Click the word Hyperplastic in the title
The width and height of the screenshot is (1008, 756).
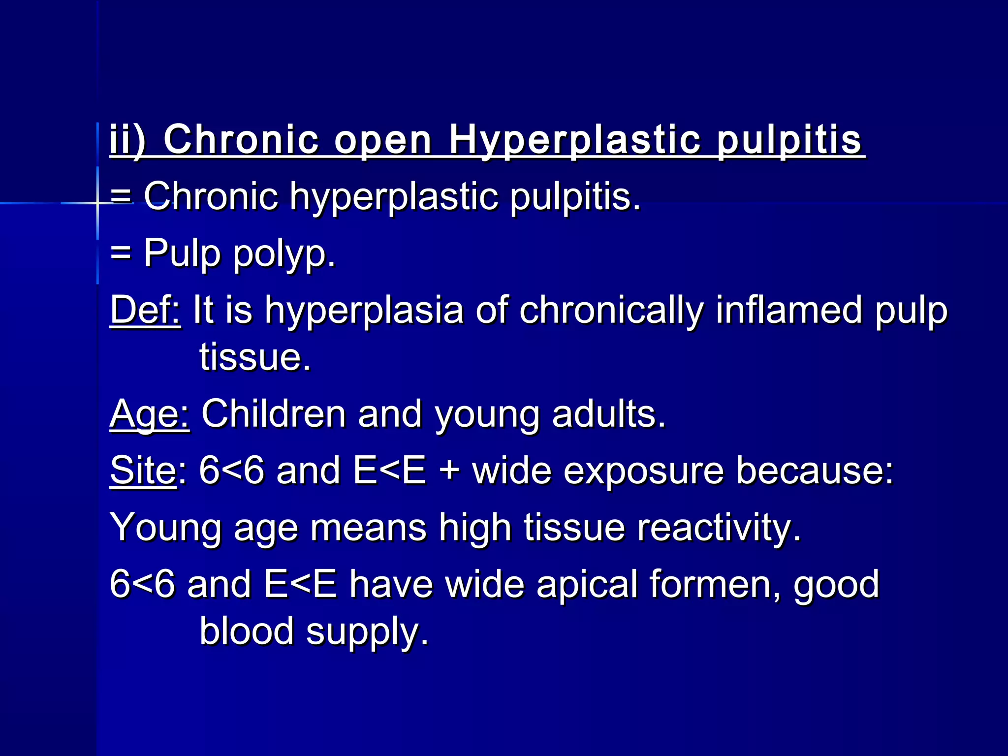(574, 141)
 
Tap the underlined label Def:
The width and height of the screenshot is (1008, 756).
(145, 310)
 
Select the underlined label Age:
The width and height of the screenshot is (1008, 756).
(149, 414)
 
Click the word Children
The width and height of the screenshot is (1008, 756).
(273, 414)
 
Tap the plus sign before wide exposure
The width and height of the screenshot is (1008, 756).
(448, 472)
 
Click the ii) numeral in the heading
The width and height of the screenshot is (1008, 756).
(127, 140)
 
